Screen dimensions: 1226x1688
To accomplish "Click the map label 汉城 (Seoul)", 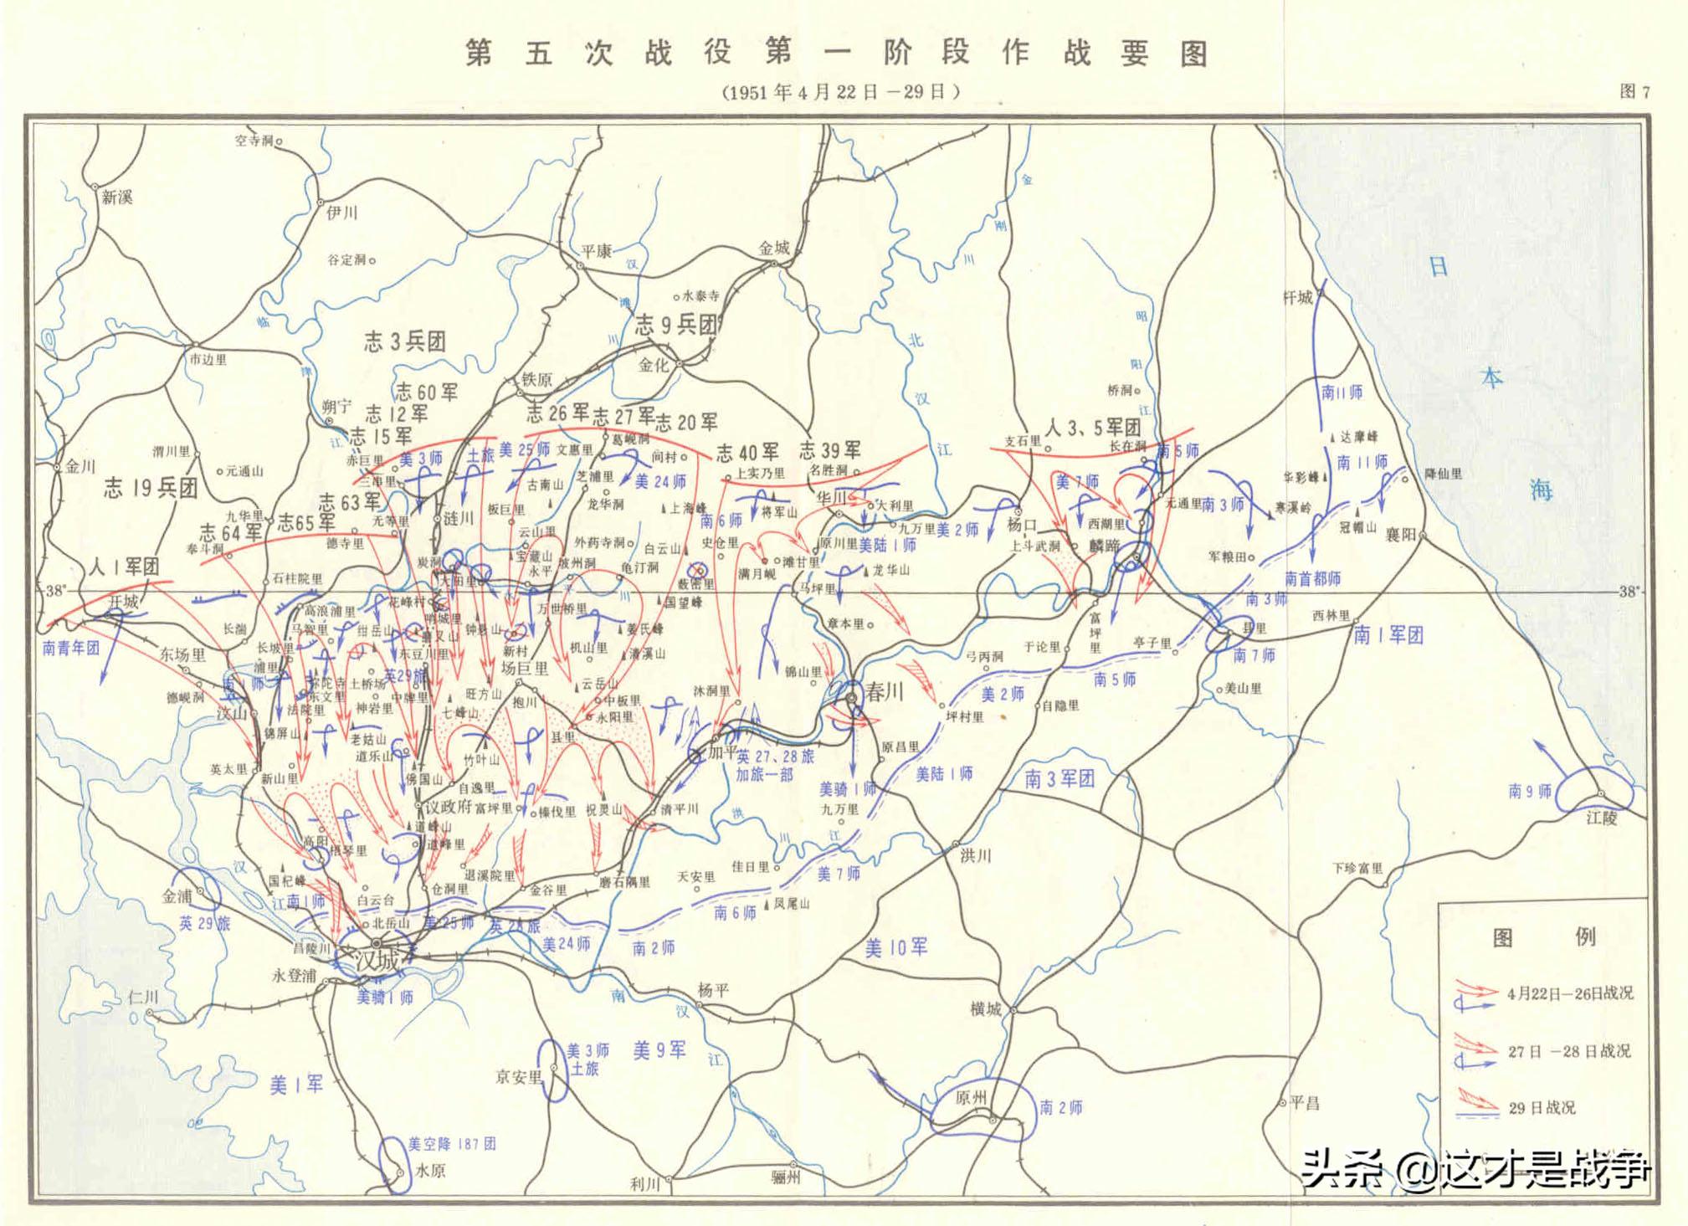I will pyautogui.click(x=377, y=961).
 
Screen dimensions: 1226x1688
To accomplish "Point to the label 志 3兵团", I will pyautogui.click(x=404, y=341).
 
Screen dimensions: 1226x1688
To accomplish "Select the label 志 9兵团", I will pyautogui.click(x=676, y=326).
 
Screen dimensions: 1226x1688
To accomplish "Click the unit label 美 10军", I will pyautogui.click(x=895, y=947).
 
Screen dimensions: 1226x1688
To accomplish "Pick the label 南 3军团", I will pyautogui.click(x=1059, y=779).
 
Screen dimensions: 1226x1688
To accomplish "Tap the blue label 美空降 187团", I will pyautogui.click(x=452, y=1144).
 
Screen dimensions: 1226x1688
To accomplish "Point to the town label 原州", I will pyautogui.click(x=971, y=1098).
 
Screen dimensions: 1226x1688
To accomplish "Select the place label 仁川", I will pyautogui.click(x=143, y=998).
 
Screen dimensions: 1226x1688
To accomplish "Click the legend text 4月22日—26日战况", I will pyautogui.click(x=1570, y=993).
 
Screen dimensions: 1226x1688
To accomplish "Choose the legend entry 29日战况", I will pyautogui.click(x=1542, y=1108).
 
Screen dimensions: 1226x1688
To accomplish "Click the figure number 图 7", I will pyautogui.click(x=1634, y=92).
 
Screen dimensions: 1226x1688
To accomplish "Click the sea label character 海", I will pyautogui.click(x=1541, y=490).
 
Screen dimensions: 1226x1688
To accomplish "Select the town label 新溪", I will pyautogui.click(x=117, y=197).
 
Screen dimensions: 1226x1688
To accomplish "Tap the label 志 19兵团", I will pyautogui.click(x=151, y=488).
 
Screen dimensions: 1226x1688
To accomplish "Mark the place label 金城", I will pyautogui.click(x=774, y=248).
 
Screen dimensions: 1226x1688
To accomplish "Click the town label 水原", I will pyautogui.click(x=430, y=1171).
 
